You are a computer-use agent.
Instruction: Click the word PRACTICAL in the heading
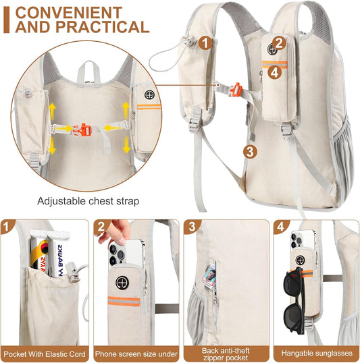pos(107,28)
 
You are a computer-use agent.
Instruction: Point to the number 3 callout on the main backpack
pos(250,151)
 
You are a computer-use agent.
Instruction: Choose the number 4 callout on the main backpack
pos(273,70)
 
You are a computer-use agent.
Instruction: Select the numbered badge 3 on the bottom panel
pos(192,228)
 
